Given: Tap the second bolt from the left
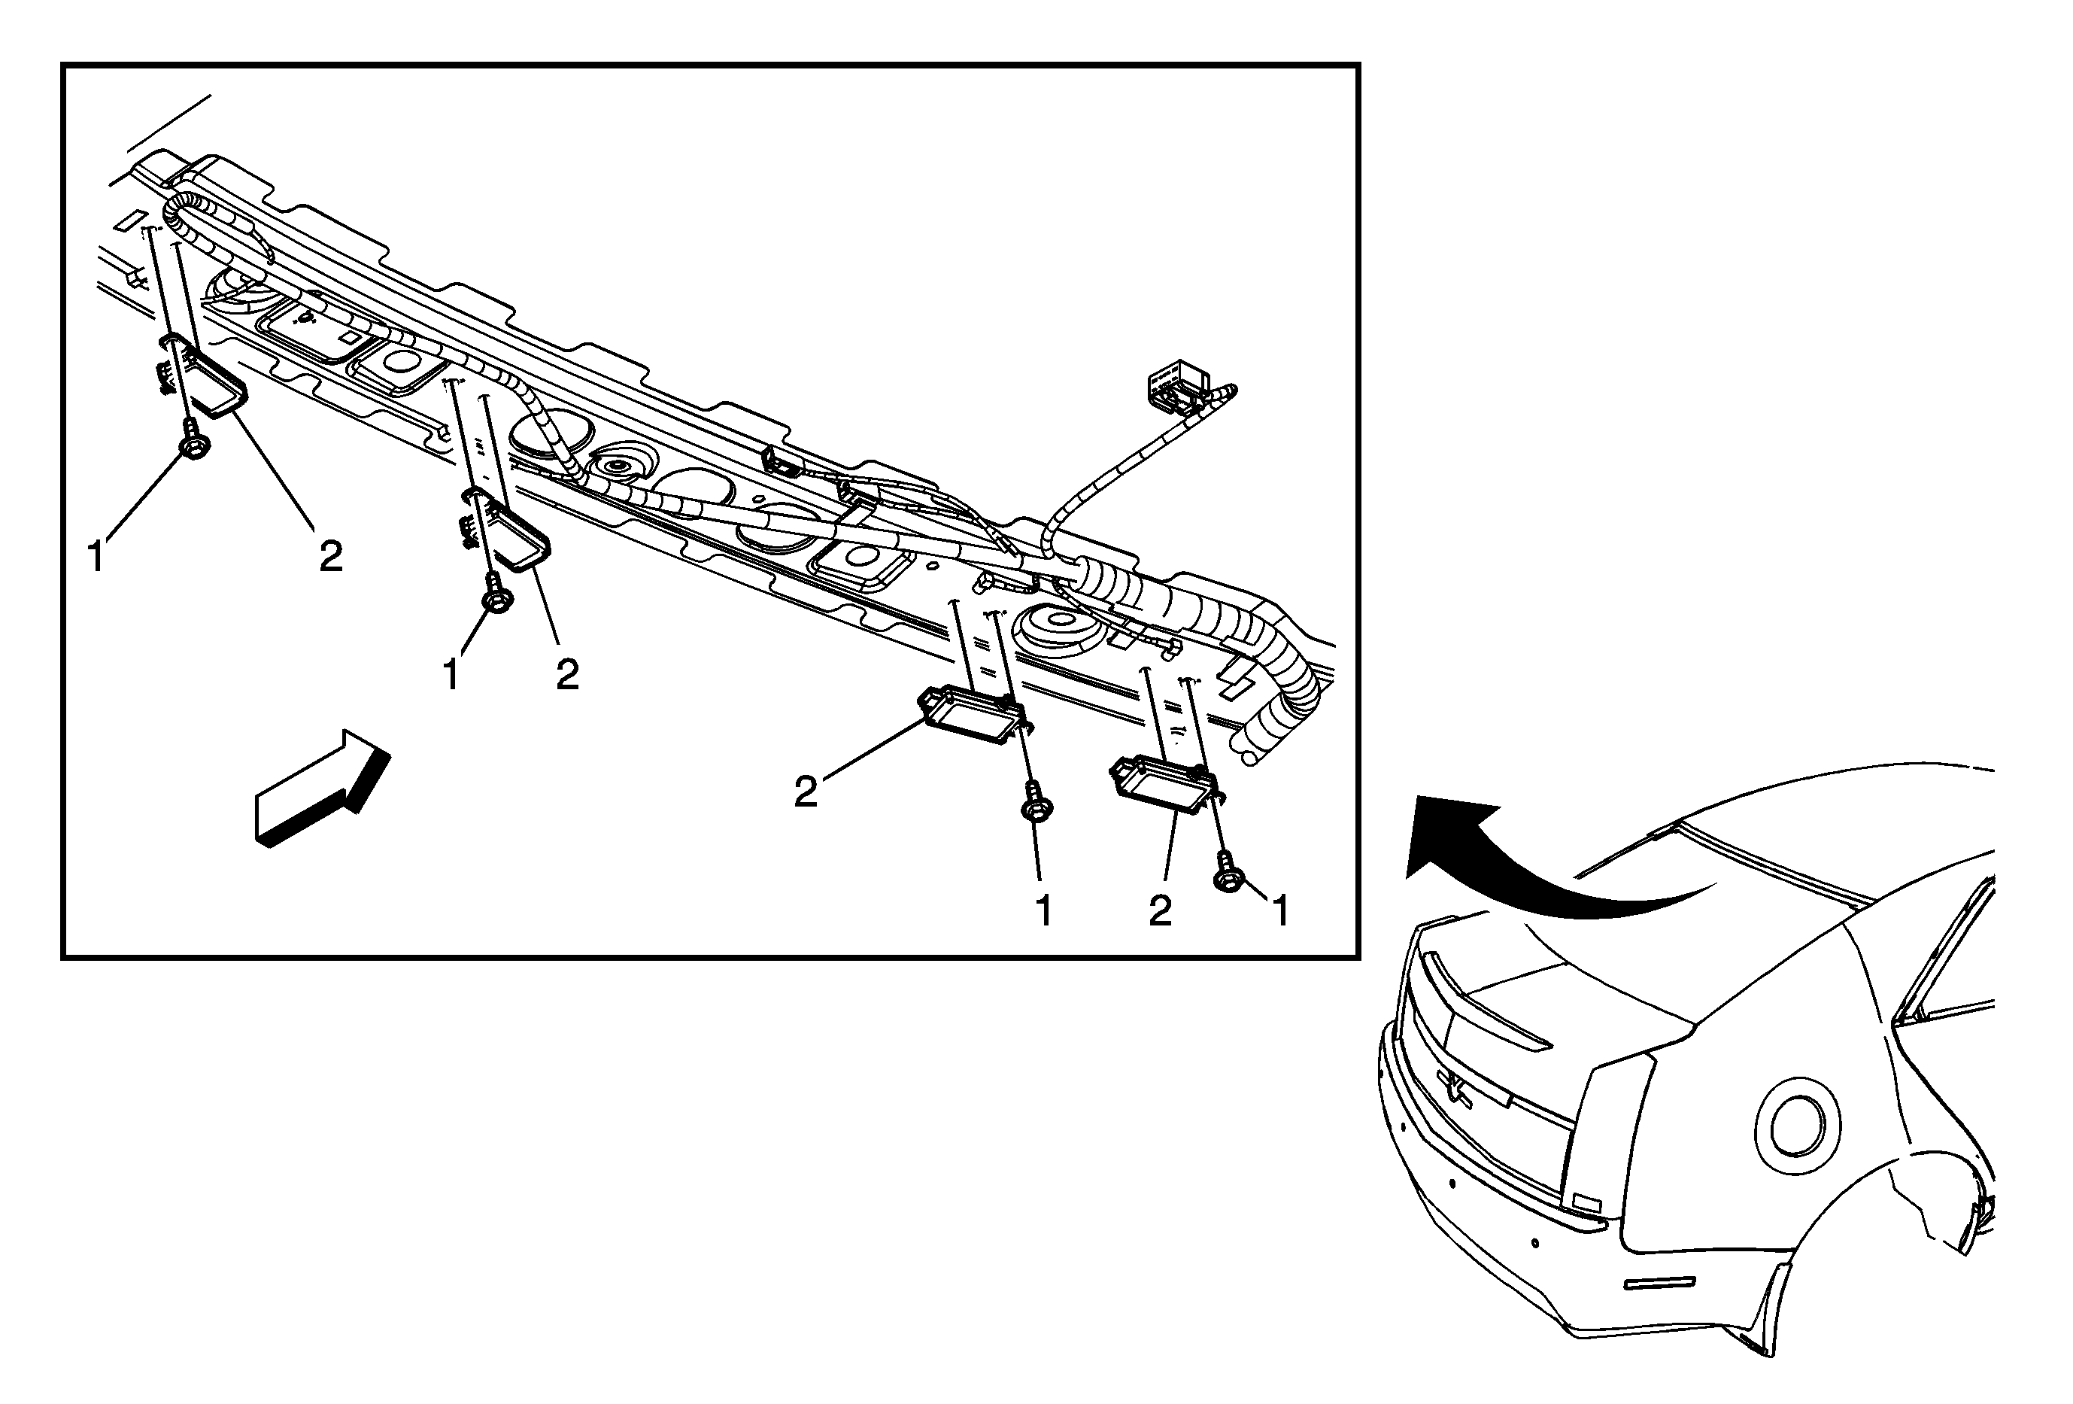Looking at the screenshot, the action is click(495, 597).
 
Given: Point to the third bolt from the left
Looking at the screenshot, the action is click(1036, 803).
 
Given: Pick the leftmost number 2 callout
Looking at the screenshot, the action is click(331, 558).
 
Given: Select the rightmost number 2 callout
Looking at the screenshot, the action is click(1160, 910).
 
